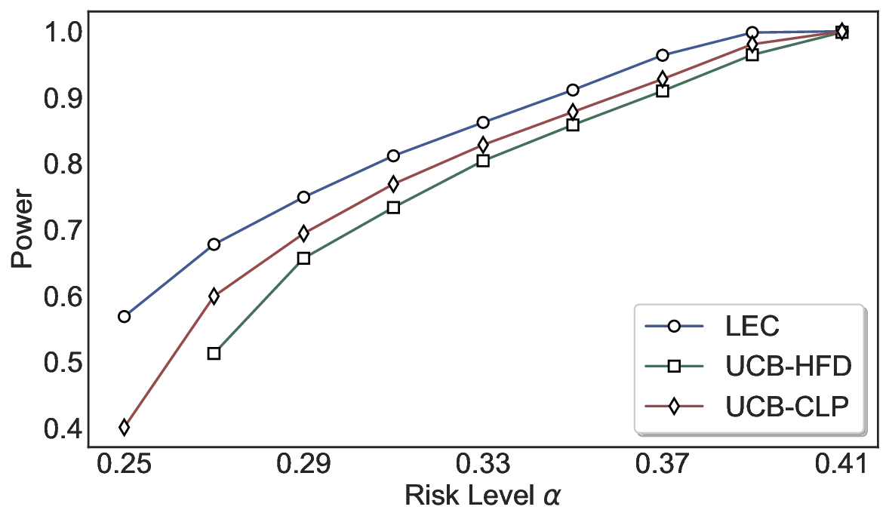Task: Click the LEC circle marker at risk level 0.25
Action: coord(125,316)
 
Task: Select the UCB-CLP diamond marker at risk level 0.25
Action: coord(125,428)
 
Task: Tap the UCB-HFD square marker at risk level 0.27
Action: coord(214,353)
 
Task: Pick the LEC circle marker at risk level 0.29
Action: coord(303,197)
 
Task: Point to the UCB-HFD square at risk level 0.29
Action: coord(303,258)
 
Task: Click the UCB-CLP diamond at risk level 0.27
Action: coord(214,296)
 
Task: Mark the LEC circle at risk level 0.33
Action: coord(483,122)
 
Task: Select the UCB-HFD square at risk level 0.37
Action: coord(663,91)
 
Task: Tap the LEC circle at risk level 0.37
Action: coord(663,55)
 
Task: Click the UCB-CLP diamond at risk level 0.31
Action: coord(393,184)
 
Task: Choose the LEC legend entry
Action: coord(752,327)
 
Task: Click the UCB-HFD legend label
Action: coord(788,367)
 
